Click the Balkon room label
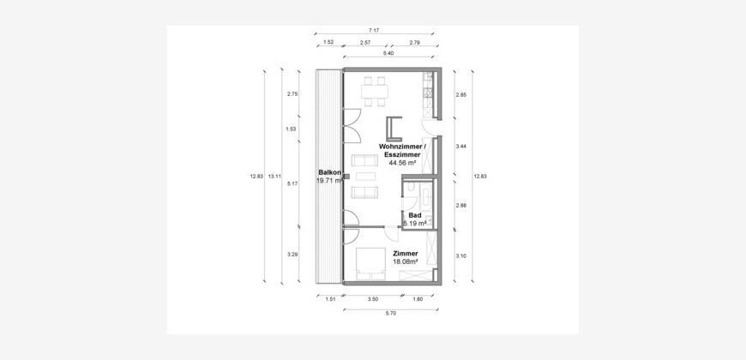329,172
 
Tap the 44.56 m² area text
402,163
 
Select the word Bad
415,215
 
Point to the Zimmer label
406,254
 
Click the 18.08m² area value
406,261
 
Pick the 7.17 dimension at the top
374,31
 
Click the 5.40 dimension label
388,53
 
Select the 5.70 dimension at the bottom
390,314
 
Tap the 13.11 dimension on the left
274,177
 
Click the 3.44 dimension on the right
461,147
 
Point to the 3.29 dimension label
292,255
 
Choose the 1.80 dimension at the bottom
418,299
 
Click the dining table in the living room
375,91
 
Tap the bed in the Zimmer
370,263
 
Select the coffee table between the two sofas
365,177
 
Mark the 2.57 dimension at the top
365,42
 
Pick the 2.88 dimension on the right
461,206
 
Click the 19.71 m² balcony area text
329,181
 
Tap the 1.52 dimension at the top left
328,42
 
